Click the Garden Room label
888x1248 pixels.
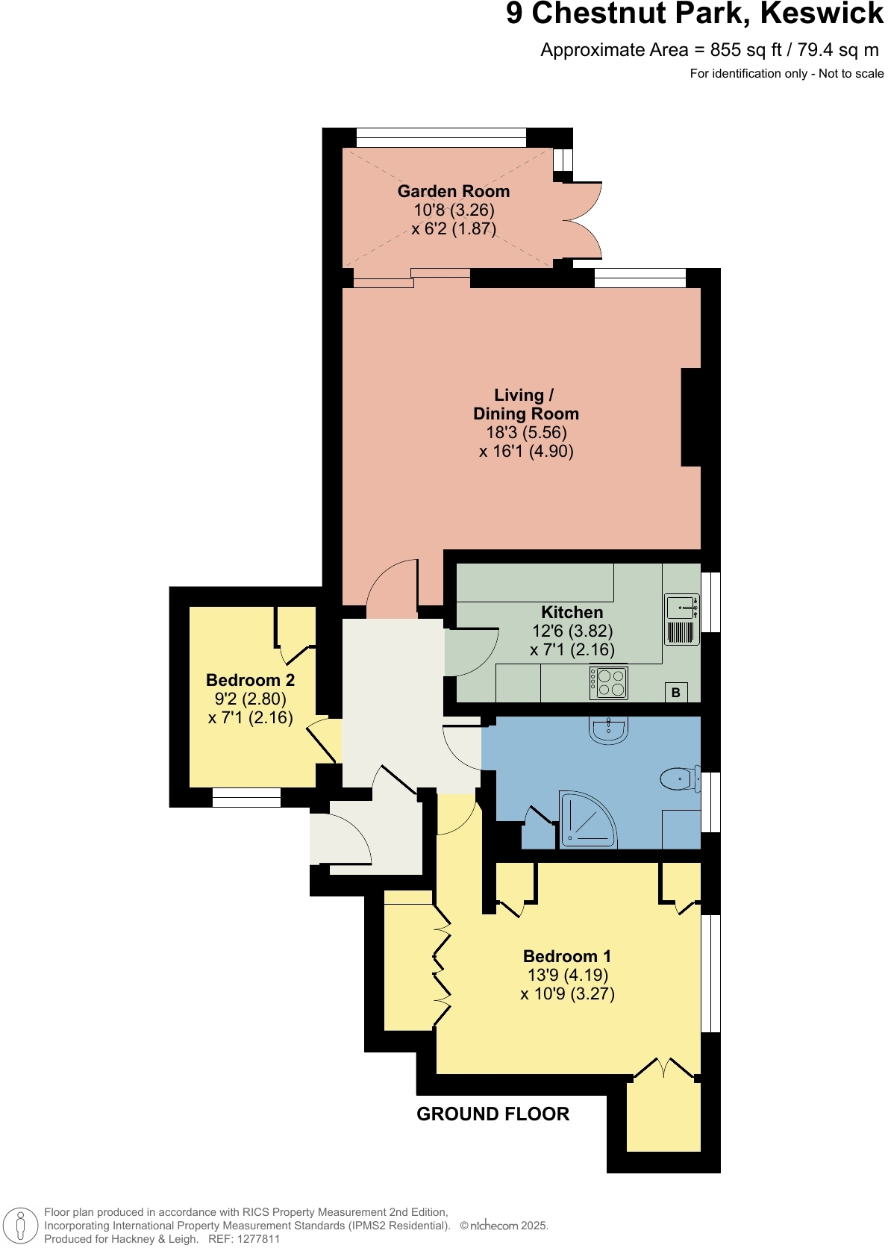[x=453, y=191]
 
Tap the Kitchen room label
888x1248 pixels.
[x=572, y=612]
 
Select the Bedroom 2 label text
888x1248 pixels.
[x=250, y=680]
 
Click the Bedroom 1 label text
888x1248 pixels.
[x=566, y=956]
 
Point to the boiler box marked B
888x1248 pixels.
[x=676, y=692]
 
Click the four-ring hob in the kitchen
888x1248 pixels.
[x=608, y=682]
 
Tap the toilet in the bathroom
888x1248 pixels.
[x=680, y=780]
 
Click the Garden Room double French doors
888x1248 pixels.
[x=582, y=220]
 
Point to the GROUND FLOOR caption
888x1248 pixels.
[x=493, y=1114]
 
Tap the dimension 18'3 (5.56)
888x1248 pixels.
[x=526, y=432]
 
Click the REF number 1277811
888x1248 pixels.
[x=257, y=1239]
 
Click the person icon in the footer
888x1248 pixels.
[x=21, y=1226]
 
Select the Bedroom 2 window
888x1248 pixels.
[x=246, y=798]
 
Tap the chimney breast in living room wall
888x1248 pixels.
[x=691, y=417]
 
